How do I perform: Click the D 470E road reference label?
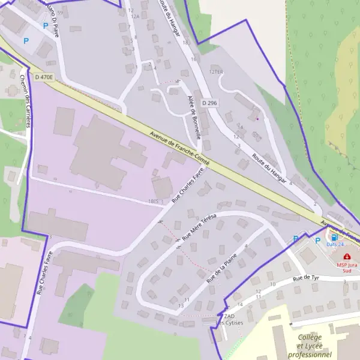pos(44,77)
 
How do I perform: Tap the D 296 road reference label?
pos(209,103)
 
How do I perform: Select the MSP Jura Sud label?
pos(350,265)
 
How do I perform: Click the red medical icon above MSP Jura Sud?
pos(347,256)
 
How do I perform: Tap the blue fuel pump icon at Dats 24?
pos(334,237)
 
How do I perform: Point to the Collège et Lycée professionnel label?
pos(317,346)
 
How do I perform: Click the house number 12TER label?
pos(216,72)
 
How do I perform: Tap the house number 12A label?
pos(135,17)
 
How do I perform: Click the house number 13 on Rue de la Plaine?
pos(181,306)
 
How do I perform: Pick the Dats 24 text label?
pos(335,245)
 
